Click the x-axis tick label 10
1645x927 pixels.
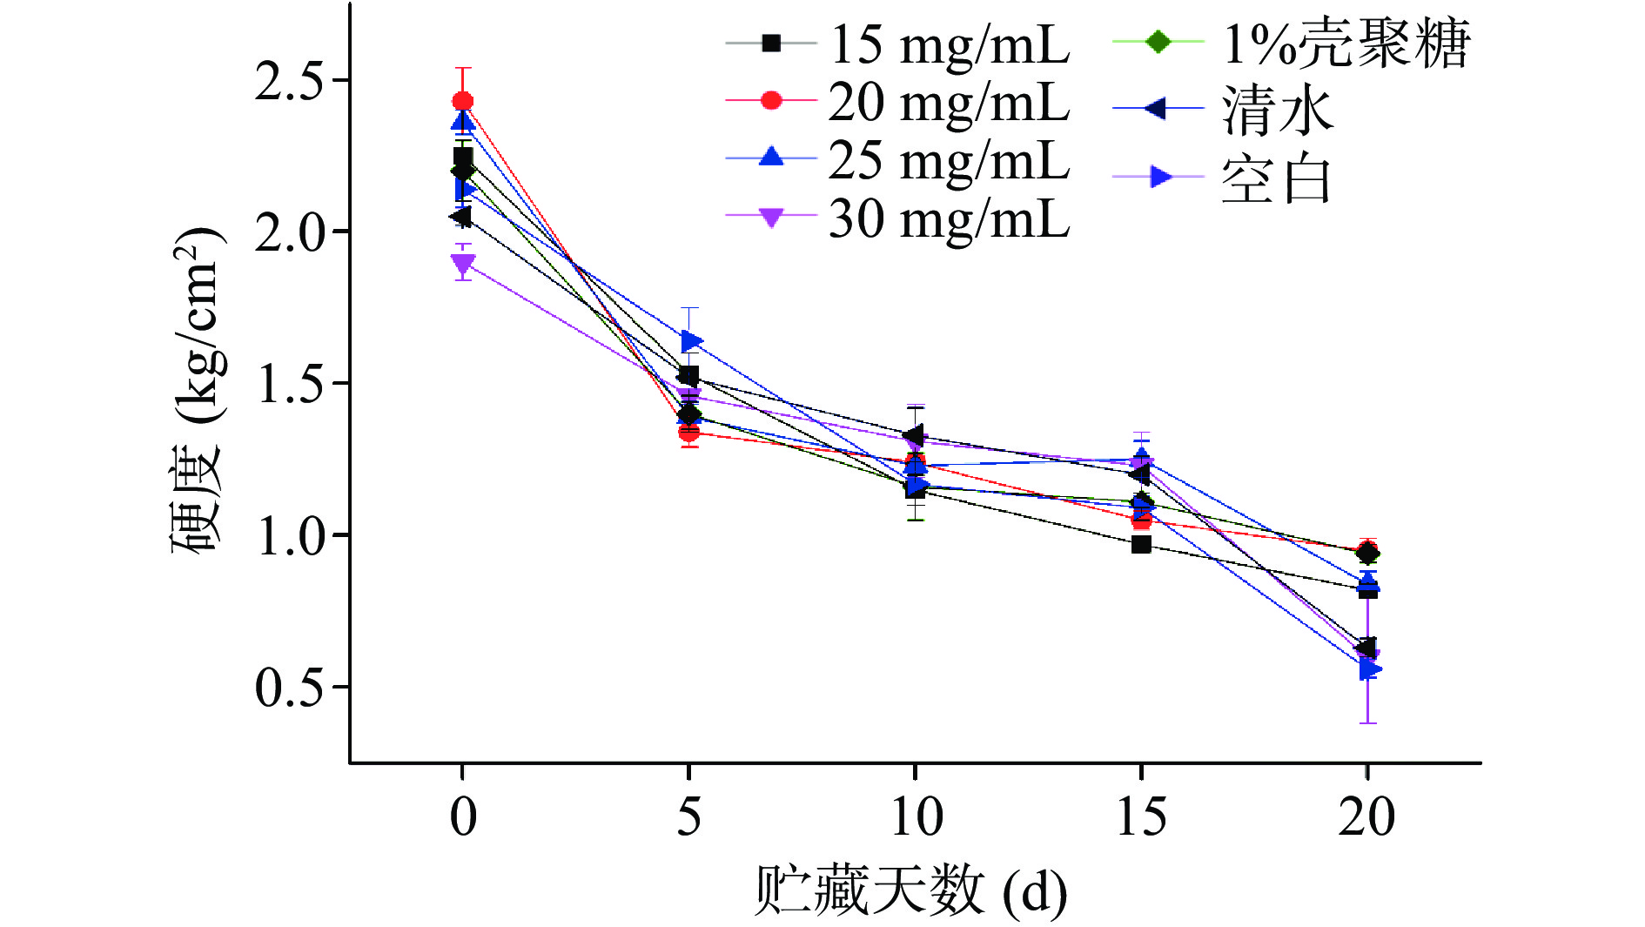pos(916,817)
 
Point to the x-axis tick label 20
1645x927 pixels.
pos(1366,817)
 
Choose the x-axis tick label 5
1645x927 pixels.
pos(688,817)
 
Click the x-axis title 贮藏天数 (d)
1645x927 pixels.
pos(910,890)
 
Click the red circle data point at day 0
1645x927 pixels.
pos(463,102)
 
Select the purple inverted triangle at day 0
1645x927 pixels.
pos(463,264)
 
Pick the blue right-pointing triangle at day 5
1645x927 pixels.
pos(692,340)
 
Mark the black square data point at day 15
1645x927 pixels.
pos(1141,545)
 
